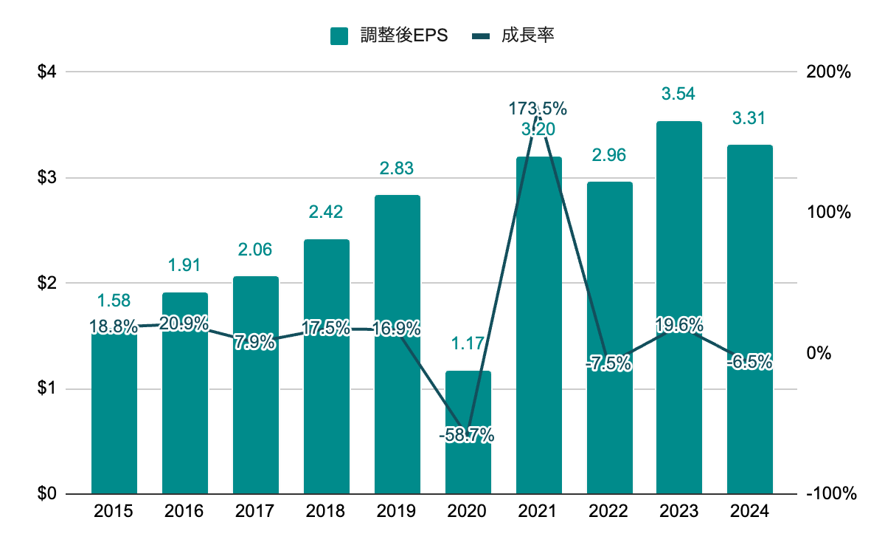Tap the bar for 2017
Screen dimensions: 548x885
click(256, 414)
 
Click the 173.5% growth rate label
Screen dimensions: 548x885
click(538, 109)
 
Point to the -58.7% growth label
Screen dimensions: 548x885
click(466, 436)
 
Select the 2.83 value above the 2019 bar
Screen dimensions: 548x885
click(397, 168)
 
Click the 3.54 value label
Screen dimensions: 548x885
click(679, 94)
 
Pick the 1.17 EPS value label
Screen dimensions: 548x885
click(468, 343)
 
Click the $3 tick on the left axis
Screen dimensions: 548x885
click(47, 178)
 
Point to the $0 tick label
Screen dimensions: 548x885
click(47, 494)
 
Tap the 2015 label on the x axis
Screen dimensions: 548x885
click(114, 511)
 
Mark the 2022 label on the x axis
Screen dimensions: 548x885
click(609, 511)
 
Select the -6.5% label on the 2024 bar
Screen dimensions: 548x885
click(749, 362)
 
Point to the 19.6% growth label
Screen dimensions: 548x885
click(679, 325)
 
